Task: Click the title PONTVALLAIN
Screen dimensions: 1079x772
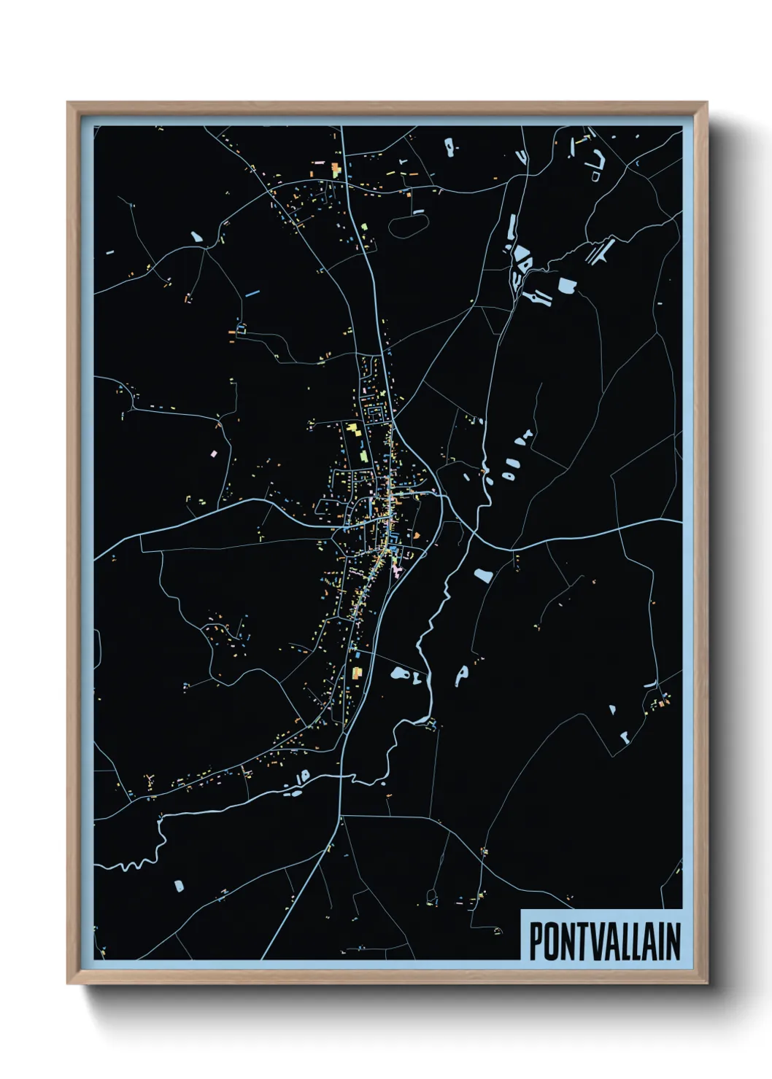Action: click(x=604, y=940)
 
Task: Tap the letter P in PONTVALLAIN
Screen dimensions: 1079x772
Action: click(x=536, y=941)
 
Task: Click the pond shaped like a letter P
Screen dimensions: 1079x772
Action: click(x=461, y=674)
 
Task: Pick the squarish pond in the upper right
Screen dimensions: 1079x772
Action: click(x=567, y=284)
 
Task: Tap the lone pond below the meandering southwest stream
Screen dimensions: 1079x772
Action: click(x=180, y=886)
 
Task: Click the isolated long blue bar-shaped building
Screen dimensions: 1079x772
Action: click(x=252, y=293)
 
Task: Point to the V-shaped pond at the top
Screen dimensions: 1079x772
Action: click(x=522, y=156)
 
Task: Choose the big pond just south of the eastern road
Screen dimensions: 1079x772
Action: click(x=482, y=574)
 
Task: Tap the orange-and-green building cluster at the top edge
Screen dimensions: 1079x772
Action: click(x=336, y=170)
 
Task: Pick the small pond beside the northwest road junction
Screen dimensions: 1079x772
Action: click(x=196, y=237)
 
